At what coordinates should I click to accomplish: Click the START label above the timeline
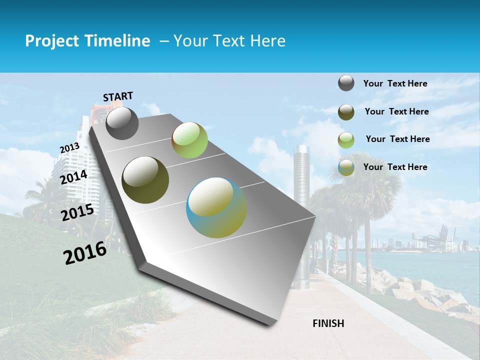coord(118,96)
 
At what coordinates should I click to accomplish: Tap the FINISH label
coord(328,323)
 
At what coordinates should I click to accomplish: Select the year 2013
coord(69,148)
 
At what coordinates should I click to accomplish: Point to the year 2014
coord(74,177)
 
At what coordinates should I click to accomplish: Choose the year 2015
coord(77,212)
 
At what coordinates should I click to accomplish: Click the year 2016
coord(85,253)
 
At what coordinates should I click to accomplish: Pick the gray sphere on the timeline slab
coord(122,123)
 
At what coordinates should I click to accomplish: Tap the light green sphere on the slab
coord(189,140)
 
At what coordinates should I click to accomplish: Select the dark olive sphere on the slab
coord(145,180)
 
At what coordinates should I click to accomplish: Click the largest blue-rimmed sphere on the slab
coord(216,207)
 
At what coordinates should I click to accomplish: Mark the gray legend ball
coord(346,83)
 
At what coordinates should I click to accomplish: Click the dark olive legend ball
coord(346,112)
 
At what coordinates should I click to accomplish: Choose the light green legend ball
coord(346,140)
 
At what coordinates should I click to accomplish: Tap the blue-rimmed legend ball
coord(346,167)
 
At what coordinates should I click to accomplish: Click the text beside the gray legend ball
coord(395,84)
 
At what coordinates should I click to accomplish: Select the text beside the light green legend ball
coord(397,139)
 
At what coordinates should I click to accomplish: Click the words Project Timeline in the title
coord(87,41)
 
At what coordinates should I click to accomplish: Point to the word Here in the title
coord(267,41)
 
